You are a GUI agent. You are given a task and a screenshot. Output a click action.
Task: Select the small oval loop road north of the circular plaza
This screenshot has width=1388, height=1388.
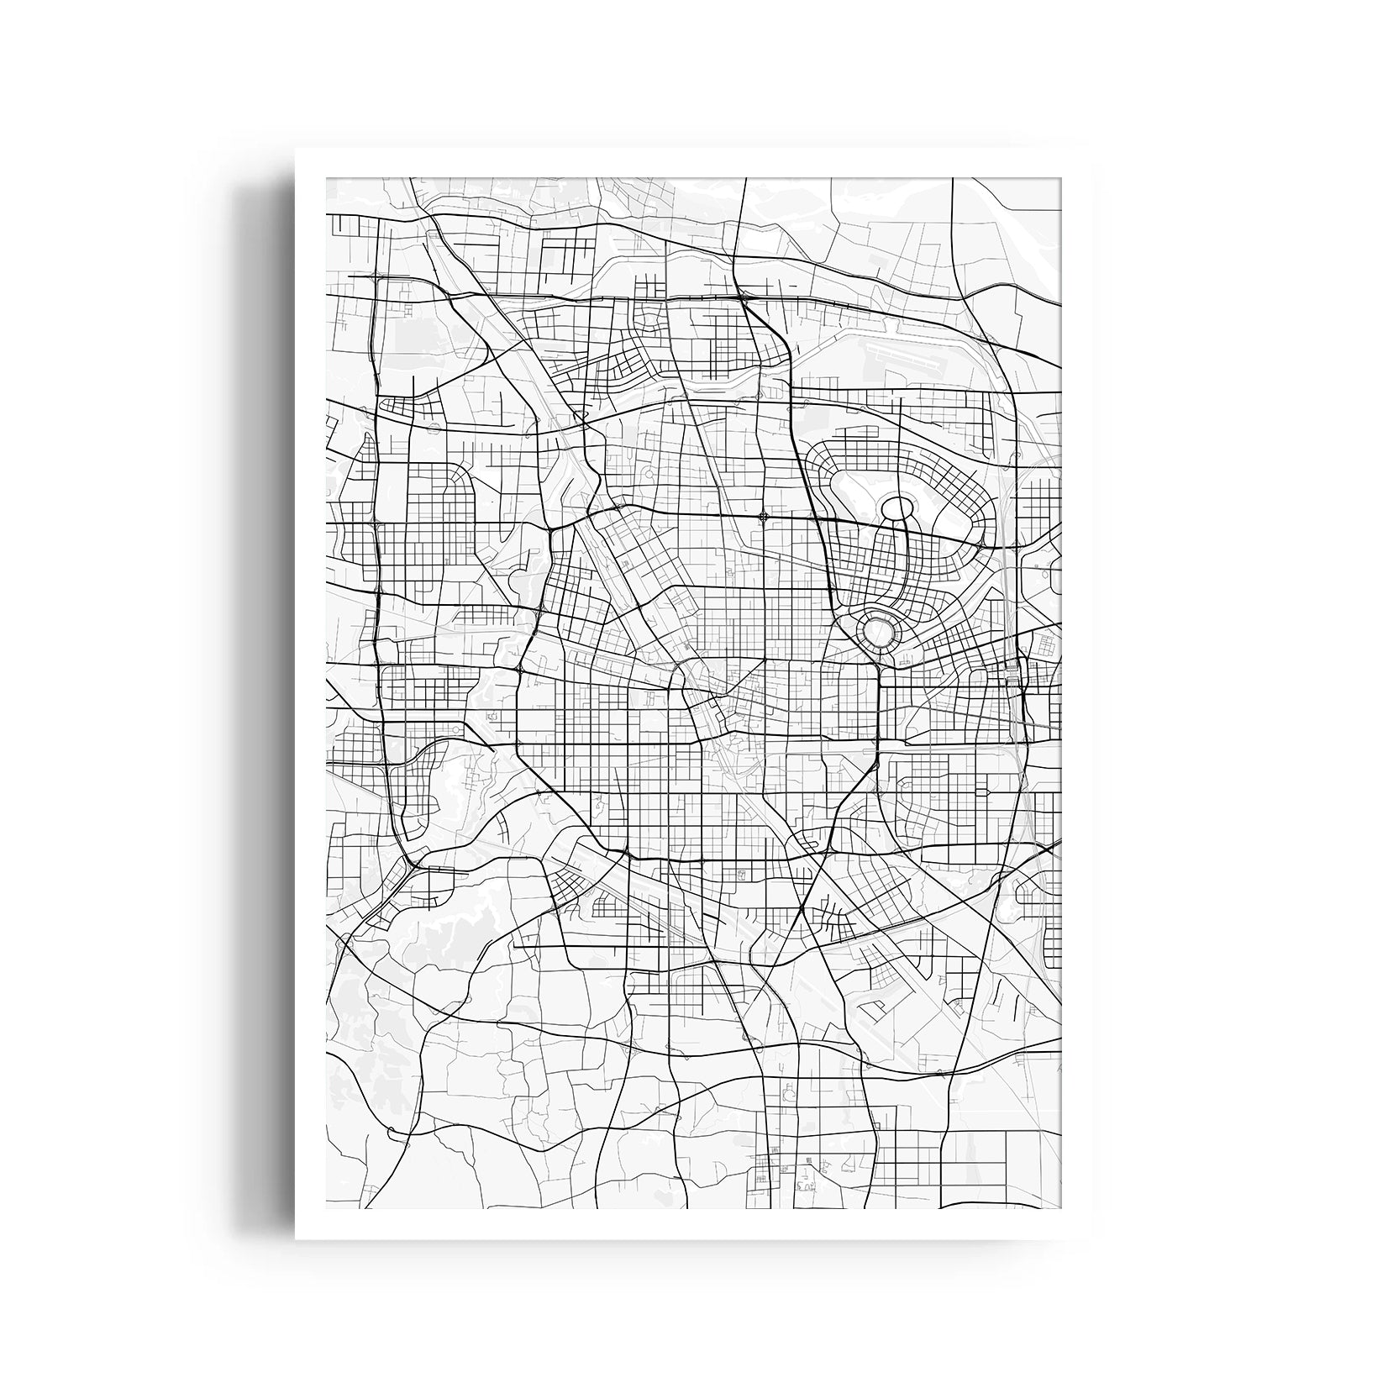[896, 508]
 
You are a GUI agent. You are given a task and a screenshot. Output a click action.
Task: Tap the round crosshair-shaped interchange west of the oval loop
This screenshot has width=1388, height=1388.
[763, 517]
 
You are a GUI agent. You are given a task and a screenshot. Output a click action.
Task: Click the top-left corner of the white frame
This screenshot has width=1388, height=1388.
[296, 150]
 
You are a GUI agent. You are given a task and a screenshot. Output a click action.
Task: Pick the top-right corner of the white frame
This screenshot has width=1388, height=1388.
[1091, 150]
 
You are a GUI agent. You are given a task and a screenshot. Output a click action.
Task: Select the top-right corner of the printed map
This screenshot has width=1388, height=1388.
[1061, 178]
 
